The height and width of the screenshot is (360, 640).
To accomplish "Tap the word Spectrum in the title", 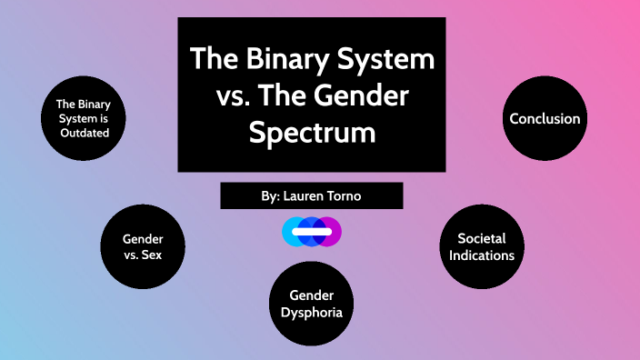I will pos(312,133).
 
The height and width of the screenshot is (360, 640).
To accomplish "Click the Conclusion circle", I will pos(545,118).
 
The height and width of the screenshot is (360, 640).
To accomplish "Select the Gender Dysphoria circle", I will pos(312,304).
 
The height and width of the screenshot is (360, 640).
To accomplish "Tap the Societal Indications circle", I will pos(482,246).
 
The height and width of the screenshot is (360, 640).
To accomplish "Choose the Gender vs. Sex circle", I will pos(142,246).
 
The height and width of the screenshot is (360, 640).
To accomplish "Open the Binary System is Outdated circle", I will pos(83,118).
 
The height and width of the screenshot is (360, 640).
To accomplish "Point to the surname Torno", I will pos(353,195).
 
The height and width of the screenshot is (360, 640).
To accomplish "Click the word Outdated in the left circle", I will pos(83,133).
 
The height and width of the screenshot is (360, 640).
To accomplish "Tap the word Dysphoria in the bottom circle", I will pos(312,312).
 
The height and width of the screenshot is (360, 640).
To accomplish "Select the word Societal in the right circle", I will pos(482,238).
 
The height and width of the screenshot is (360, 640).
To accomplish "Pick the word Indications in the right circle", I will pos(482,255).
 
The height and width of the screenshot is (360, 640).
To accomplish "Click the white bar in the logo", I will pos(312,232).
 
